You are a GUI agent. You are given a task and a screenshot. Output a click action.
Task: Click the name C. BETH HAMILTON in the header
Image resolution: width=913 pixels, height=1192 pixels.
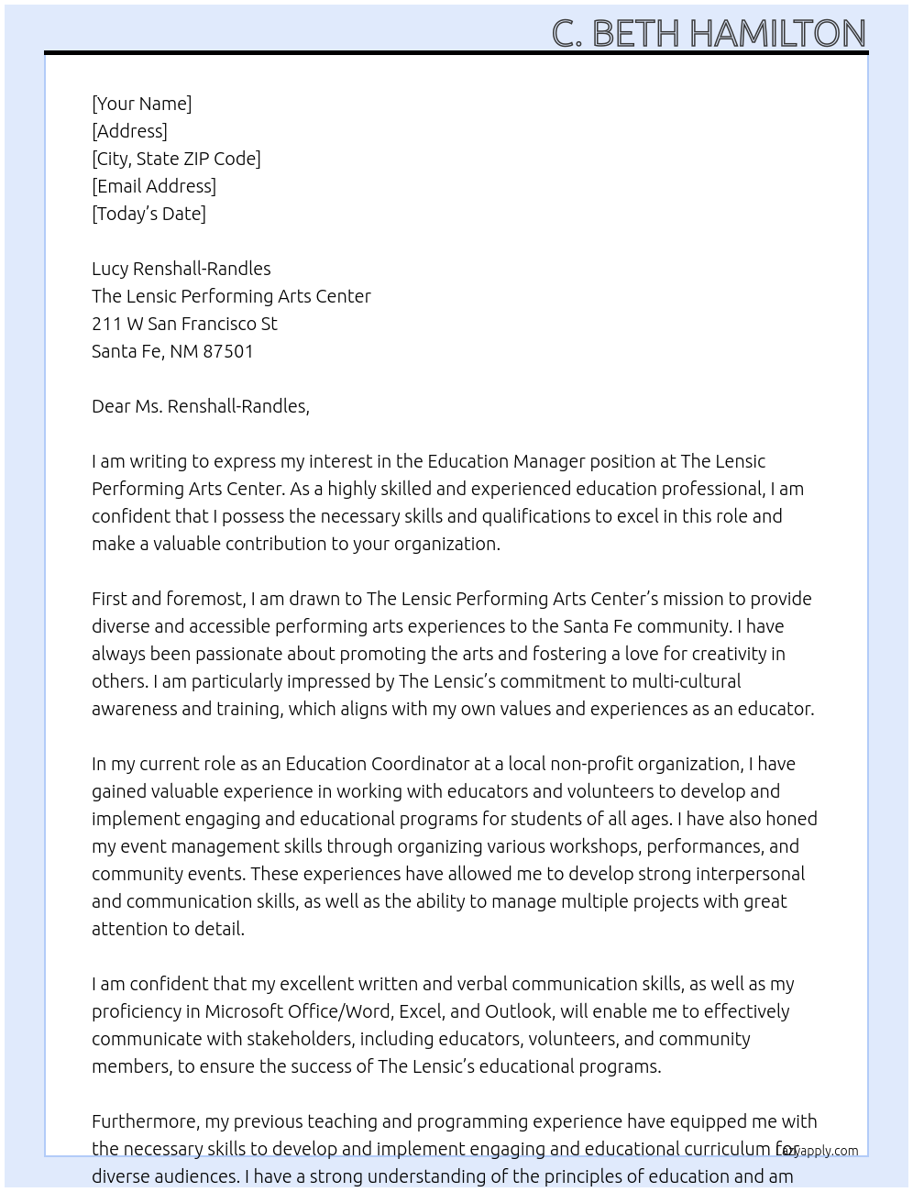click(708, 33)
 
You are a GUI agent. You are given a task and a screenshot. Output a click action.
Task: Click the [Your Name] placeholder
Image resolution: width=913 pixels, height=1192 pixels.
click(141, 104)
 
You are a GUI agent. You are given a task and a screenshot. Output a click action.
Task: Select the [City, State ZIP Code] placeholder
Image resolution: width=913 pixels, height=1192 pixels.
click(176, 159)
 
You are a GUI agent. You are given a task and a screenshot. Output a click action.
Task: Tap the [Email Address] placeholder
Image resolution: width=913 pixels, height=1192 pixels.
click(154, 186)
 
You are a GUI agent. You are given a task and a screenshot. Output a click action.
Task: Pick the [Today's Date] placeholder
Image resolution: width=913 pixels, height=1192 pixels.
click(148, 214)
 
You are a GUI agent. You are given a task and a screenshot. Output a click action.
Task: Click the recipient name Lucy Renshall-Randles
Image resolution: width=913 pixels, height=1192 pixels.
click(181, 269)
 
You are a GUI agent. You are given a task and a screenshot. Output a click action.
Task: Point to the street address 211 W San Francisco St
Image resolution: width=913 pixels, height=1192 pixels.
click(184, 324)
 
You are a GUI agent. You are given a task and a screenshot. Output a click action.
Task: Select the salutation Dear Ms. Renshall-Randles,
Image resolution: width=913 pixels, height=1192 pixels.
click(200, 406)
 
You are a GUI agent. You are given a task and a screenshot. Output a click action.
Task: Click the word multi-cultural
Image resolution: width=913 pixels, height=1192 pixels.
click(686, 681)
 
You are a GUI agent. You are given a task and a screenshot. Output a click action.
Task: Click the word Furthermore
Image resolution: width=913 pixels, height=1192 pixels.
click(145, 1121)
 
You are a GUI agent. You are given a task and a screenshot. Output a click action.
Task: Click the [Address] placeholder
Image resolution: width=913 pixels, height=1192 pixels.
click(129, 131)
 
